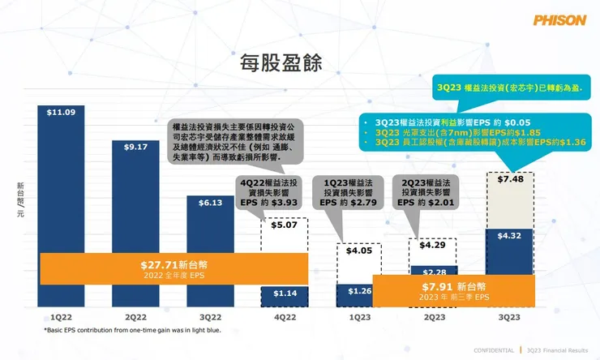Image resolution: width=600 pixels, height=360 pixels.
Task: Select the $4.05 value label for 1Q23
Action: coord(358,251)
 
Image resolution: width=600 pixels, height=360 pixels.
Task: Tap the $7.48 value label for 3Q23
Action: coord(509,180)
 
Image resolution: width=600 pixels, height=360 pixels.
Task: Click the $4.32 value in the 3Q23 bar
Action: coord(509,236)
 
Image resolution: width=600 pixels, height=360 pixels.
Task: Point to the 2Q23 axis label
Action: coord(434,317)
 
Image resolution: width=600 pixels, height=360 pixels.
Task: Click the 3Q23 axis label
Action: coord(509,317)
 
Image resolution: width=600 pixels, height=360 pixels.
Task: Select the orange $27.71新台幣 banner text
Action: coord(173,264)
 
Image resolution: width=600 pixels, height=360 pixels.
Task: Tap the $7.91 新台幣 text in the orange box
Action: coord(454,287)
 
